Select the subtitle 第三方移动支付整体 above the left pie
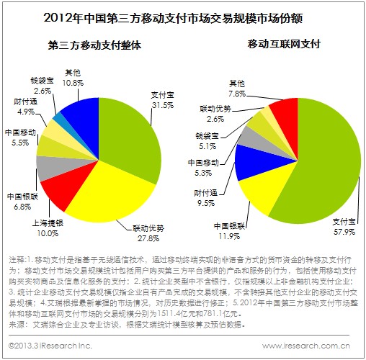point(94,45)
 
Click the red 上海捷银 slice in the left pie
point(58,191)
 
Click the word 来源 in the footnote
point(17,325)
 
